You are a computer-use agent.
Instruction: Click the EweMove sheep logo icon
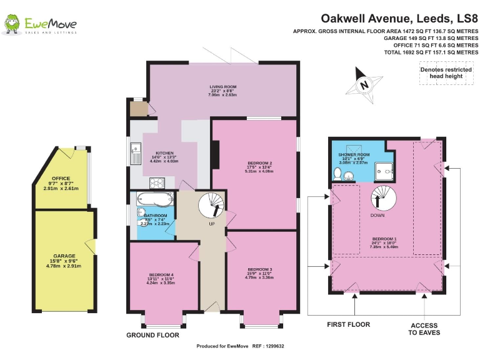coord(12,24)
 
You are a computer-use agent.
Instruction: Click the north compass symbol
coord(364,84)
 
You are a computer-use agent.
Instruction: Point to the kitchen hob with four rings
coord(154,182)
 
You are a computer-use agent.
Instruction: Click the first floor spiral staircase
coord(382,197)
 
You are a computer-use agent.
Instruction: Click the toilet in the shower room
coord(337,174)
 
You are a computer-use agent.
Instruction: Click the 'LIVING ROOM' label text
coord(222,87)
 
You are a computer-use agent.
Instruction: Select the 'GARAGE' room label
coord(64,256)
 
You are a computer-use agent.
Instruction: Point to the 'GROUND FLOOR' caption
coord(152,336)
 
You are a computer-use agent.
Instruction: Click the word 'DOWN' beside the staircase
coord(377,216)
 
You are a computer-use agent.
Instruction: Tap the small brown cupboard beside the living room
coord(137,109)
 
